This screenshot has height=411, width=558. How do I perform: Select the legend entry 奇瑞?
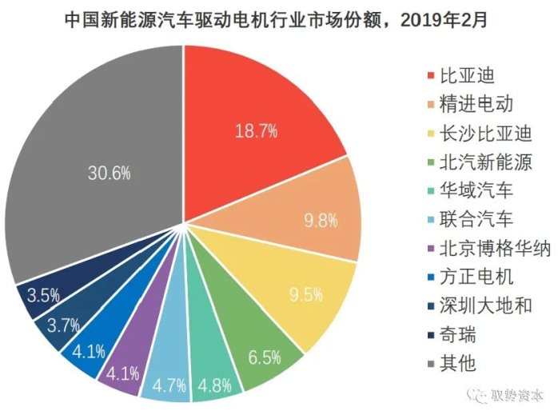point(448,335)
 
